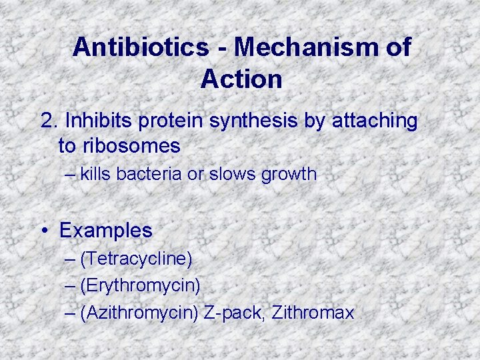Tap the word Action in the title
tap(241, 79)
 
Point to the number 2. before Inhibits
tap(49, 121)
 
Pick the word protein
tap(173, 121)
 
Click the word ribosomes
tap(137, 145)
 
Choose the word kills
tap(95, 175)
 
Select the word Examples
tap(106, 231)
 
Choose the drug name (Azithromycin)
tap(139, 313)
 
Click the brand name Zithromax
tap(314, 313)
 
